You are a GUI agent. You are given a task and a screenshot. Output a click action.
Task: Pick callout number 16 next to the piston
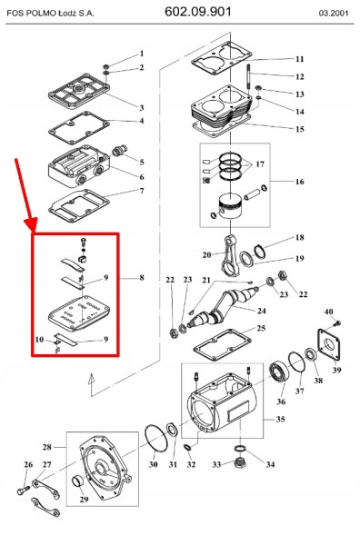(x=299, y=182)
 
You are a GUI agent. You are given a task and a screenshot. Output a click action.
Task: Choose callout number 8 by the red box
(x=141, y=276)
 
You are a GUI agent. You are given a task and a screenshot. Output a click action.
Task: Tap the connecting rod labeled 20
(x=223, y=254)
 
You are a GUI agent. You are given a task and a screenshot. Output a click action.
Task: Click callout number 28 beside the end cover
(x=46, y=448)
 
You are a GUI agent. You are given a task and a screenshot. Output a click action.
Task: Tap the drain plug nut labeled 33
(x=239, y=464)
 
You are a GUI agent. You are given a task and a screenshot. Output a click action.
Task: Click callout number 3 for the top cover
(x=141, y=108)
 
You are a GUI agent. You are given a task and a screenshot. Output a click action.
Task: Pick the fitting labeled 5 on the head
(x=118, y=146)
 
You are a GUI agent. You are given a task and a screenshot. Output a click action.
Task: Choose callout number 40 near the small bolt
(x=328, y=312)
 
